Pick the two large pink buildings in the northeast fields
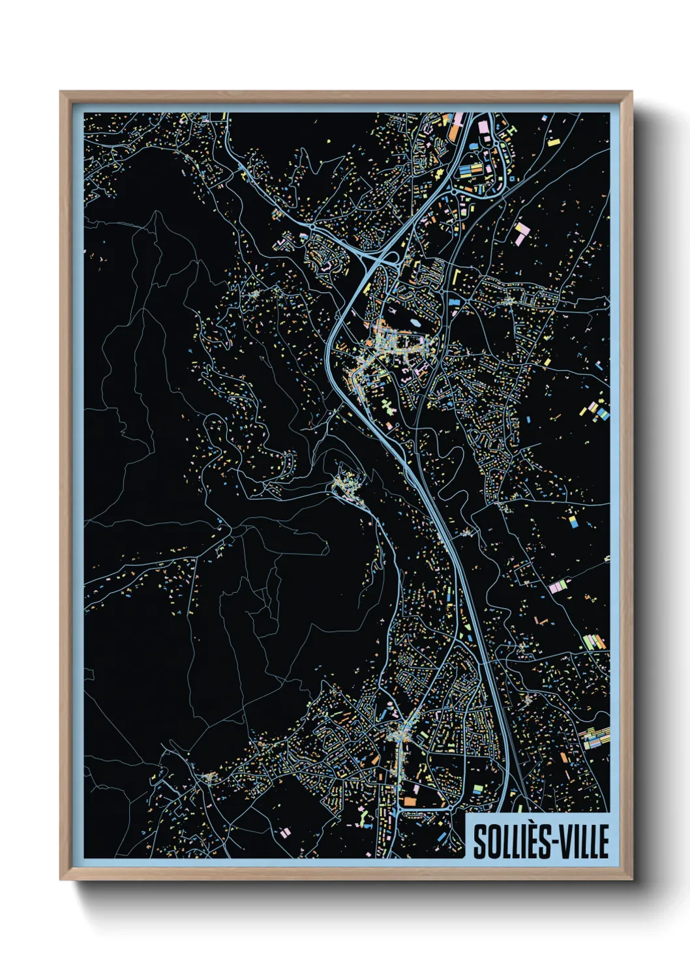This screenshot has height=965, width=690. pyautogui.click(x=522, y=233)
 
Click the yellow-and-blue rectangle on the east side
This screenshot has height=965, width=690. pyautogui.click(x=573, y=522)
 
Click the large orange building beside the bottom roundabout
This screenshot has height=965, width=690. pyautogui.click(x=410, y=801)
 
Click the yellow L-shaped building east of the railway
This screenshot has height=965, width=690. pyautogui.click(x=455, y=274)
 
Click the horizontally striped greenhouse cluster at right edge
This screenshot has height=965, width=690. pyautogui.click(x=595, y=737)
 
